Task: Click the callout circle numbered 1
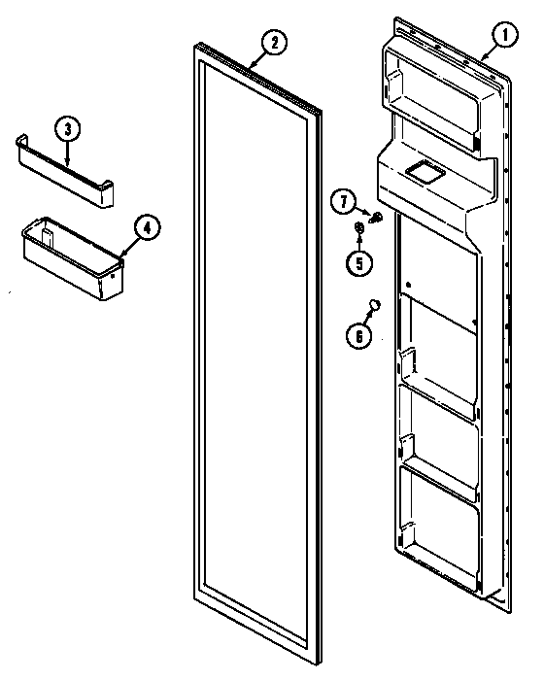504,36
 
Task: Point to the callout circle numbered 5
359,260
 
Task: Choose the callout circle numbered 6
358,335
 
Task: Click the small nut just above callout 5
358,229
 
